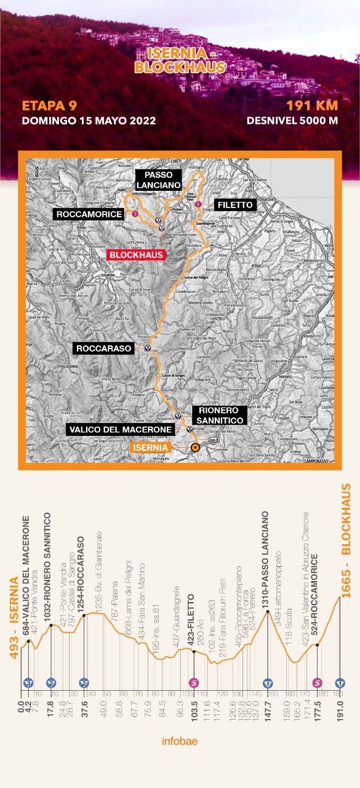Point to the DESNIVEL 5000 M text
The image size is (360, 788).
pos(292,120)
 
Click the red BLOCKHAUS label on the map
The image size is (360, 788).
pos(135,254)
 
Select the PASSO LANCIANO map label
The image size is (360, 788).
pos(158,179)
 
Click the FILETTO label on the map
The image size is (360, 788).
pos(233,204)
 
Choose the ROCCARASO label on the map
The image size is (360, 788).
pos(104,348)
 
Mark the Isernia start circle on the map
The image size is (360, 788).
pos(195,448)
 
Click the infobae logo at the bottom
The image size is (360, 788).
pos(180,741)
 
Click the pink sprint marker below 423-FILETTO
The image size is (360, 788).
pos(194,682)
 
